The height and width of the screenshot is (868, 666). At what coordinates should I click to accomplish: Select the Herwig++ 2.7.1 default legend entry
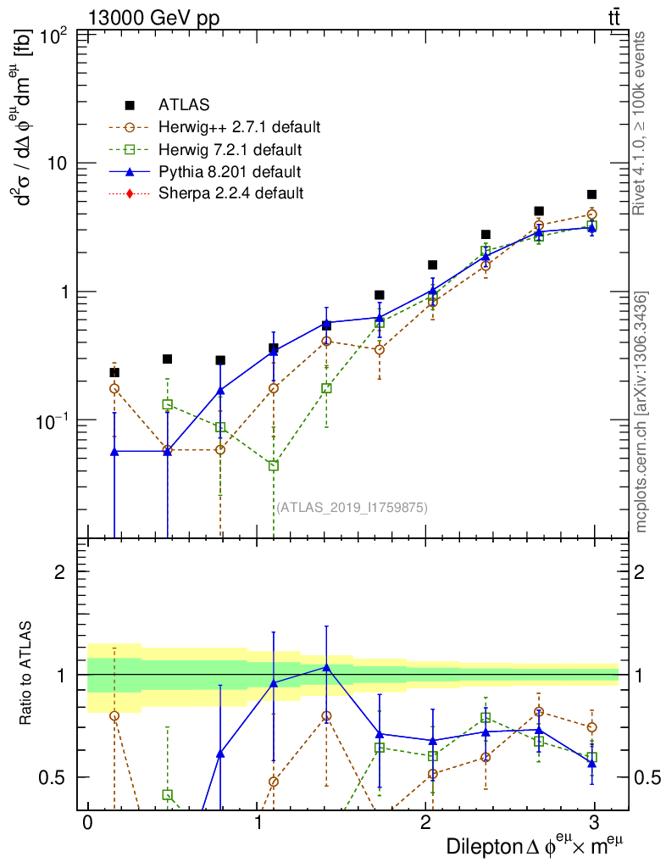point(239,128)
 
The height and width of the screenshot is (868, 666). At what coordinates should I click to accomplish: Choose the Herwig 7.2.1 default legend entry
point(230,150)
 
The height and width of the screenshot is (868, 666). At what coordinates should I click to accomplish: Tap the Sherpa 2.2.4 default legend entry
point(230,193)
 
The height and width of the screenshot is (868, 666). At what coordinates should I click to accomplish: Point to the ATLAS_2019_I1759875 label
point(352,508)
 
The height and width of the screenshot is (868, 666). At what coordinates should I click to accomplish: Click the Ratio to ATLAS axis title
point(26,675)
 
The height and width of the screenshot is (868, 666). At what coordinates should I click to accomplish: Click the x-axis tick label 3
point(594,824)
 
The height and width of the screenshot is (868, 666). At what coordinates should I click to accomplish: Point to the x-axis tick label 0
point(87,824)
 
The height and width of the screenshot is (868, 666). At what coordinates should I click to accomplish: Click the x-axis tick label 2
point(425,824)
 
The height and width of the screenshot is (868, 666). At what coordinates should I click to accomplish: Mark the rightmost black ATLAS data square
point(591,195)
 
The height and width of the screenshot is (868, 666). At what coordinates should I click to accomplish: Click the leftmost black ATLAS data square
point(114,372)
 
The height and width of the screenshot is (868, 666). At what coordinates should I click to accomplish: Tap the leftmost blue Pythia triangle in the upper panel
point(114,452)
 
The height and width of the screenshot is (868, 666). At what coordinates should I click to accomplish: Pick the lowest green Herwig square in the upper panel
point(274,465)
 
